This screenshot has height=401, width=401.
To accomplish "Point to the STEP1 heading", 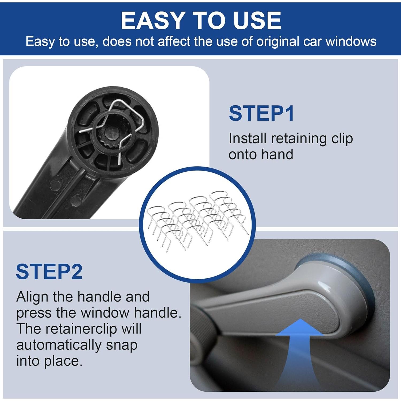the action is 261,114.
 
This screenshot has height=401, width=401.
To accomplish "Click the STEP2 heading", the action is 49,272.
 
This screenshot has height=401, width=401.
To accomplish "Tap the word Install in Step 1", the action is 247,138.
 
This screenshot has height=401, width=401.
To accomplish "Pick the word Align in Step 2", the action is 32,297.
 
